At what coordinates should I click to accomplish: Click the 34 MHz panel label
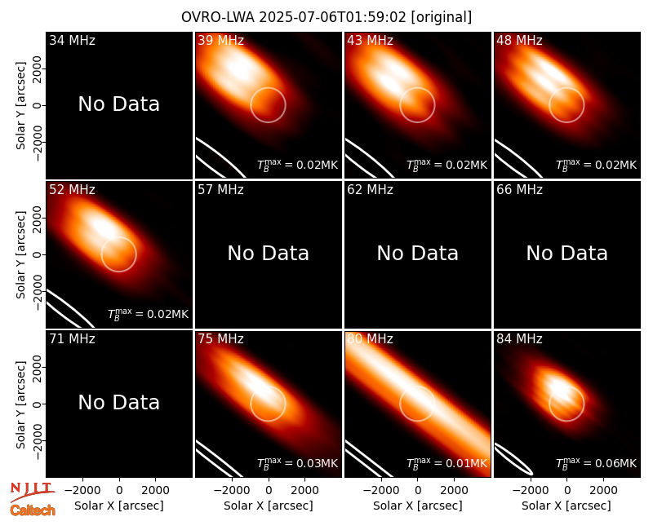point(72,40)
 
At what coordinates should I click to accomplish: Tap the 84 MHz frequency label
point(519,339)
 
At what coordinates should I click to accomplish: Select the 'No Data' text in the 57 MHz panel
point(269,253)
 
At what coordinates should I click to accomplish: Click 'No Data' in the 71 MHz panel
point(119,402)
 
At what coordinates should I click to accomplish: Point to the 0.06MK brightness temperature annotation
point(597,463)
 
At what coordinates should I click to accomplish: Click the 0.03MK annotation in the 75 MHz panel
point(297,463)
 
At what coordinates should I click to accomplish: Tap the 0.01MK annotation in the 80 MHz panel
point(446,463)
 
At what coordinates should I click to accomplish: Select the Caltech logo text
point(33,510)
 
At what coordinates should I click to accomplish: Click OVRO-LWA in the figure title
point(218,17)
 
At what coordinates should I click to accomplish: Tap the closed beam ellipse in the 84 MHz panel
point(513,459)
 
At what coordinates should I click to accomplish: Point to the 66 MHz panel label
point(519,190)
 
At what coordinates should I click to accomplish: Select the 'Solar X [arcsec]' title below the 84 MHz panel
point(566,506)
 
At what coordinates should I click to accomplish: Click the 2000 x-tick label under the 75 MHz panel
point(304,490)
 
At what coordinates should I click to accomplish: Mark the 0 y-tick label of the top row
point(38,105)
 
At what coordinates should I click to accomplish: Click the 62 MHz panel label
point(371,190)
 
